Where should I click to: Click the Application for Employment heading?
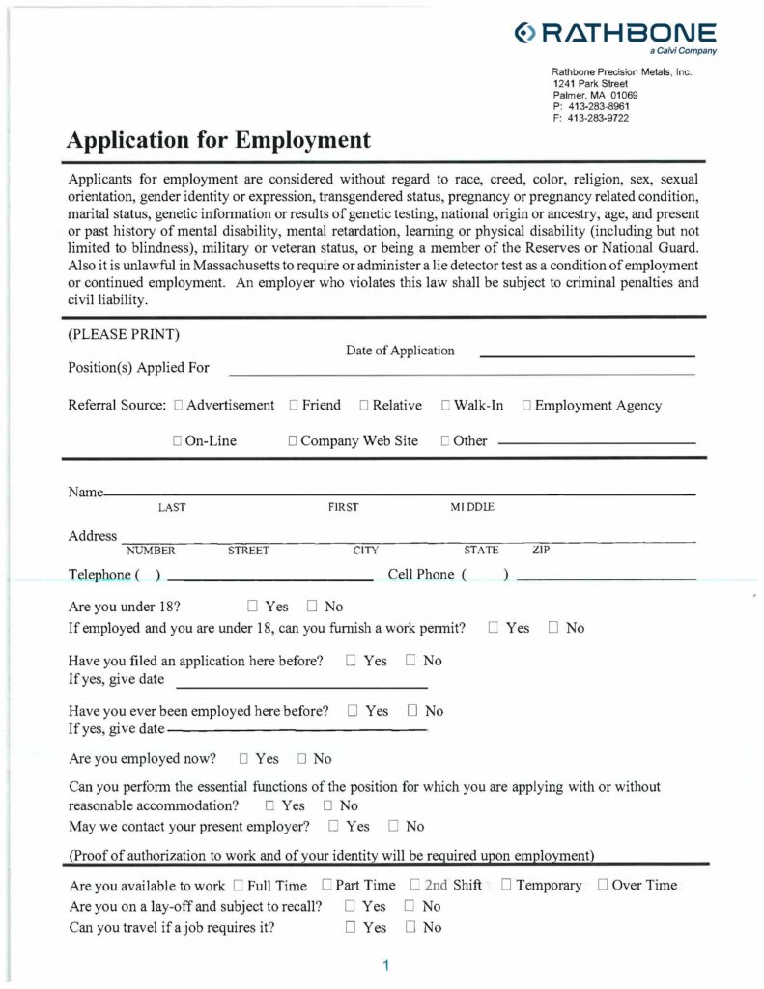coord(218,140)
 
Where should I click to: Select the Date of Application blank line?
coord(586,355)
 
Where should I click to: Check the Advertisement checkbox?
coord(179,406)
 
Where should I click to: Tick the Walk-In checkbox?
coord(446,406)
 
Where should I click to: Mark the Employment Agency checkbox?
coord(526,406)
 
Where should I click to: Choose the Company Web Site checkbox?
coord(293,441)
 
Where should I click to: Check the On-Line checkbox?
coord(178,441)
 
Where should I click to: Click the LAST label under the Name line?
coord(172,507)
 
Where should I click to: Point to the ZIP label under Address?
coord(541,551)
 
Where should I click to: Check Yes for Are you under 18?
coord(253,607)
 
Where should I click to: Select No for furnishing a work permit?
coord(554,628)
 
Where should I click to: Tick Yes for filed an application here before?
coord(352,661)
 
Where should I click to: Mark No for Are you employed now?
coord(303,759)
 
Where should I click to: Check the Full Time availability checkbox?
coord(238,885)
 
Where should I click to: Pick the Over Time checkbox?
coord(603,885)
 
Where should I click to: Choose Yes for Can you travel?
coord(352,928)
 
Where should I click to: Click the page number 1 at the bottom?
coord(385,965)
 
